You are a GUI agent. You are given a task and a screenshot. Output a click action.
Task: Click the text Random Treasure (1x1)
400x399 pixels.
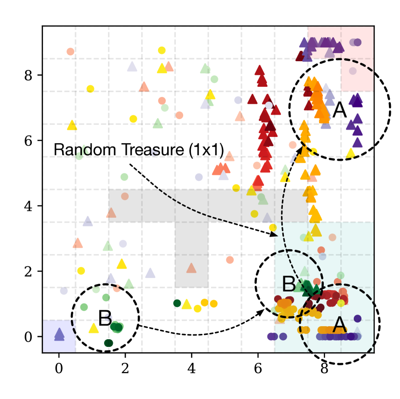pos(139,149)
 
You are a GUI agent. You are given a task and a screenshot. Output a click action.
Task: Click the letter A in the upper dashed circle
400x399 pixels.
pos(339,111)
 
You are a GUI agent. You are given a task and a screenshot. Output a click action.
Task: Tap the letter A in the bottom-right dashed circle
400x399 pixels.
pos(338,325)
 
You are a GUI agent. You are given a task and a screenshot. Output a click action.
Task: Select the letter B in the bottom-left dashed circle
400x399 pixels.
pos(106,318)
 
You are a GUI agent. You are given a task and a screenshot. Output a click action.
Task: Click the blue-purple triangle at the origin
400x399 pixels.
pos(59,333)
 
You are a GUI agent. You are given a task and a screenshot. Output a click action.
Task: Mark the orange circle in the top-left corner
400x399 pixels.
pos(70,52)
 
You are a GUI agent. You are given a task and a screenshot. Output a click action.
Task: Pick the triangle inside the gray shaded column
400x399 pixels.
pos(191,268)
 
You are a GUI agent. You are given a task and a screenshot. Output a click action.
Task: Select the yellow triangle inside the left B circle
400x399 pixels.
pos(93,328)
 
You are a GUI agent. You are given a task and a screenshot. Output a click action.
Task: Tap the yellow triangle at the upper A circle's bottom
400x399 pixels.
pos(351,153)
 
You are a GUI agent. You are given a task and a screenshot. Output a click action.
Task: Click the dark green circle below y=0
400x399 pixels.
pos(108,343)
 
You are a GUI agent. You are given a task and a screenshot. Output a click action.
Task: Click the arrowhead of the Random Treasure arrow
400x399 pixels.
pos(276,235)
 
